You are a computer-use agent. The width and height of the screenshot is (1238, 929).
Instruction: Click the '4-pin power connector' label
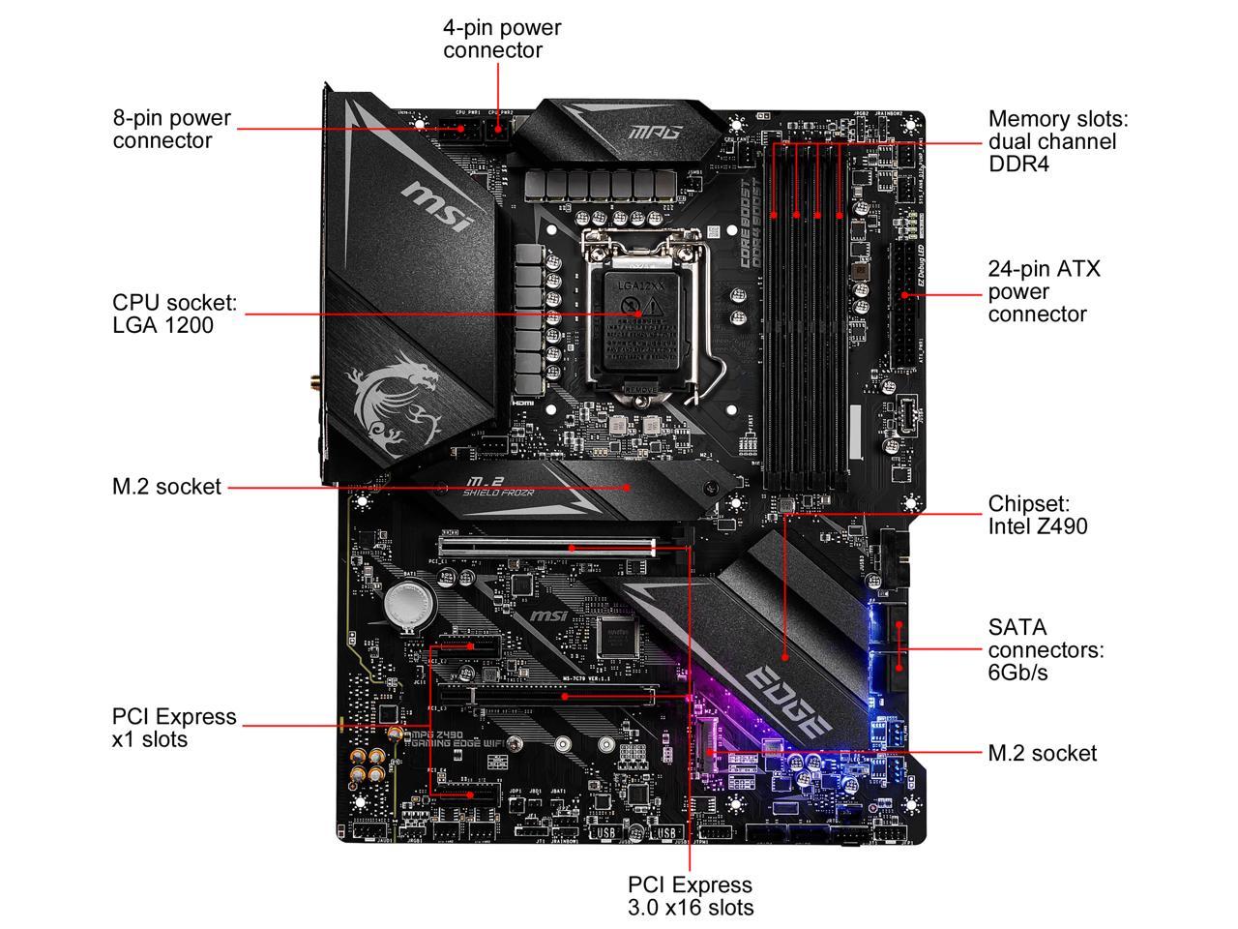tap(501, 39)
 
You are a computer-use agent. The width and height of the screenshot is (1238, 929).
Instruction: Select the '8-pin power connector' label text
tap(171, 129)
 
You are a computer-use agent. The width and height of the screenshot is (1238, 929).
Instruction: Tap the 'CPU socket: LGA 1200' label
tap(174, 314)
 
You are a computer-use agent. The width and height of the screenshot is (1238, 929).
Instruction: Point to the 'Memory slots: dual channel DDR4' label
tap(1057, 141)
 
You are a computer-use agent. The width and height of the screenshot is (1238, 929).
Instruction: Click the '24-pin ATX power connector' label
tap(1044, 290)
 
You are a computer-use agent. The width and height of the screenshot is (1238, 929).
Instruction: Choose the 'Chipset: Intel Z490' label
tap(1037, 515)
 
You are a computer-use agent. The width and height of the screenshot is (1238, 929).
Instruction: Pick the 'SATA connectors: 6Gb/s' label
tap(1045, 649)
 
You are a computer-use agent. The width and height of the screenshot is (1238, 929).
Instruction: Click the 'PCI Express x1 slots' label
tap(174, 728)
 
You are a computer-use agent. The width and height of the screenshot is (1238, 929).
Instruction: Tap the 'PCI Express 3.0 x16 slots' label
tap(690, 896)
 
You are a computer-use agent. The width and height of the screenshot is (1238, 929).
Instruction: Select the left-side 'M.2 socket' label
tap(166, 487)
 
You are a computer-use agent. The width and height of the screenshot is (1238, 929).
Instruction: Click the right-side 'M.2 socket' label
tap(1042, 753)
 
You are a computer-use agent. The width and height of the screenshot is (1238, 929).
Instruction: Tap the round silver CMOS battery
tap(404, 608)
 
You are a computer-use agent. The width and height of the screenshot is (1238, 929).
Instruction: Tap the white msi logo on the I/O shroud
tap(437, 206)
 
